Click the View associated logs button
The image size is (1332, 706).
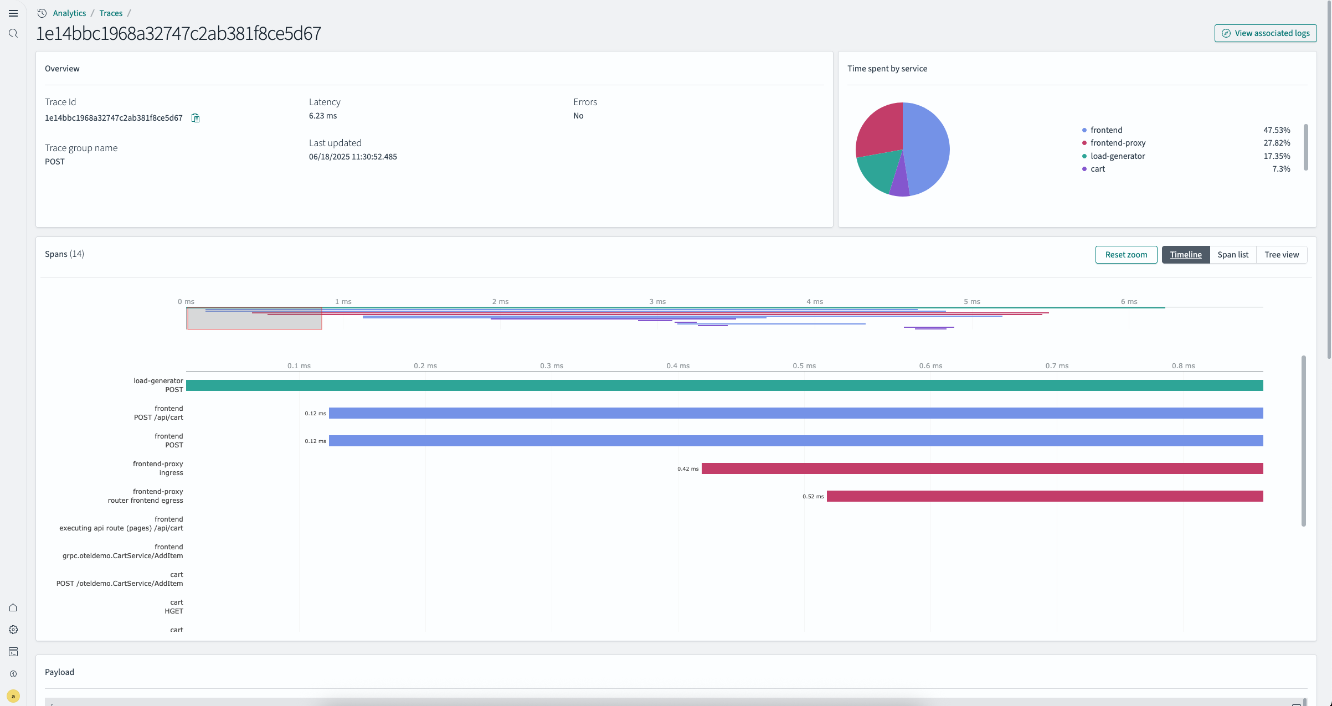point(1265,33)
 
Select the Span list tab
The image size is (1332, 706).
point(1232,255)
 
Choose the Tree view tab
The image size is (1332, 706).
point(1281,255)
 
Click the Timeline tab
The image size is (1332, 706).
point(1185,255)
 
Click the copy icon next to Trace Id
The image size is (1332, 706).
point(196,118)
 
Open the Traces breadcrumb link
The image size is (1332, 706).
point(111,13)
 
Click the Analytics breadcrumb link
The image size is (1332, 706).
point(69,13)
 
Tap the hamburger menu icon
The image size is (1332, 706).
point(13,13)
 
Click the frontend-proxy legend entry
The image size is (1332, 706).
point(1118,143)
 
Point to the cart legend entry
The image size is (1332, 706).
point(1097,169)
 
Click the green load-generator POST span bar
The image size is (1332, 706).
point(724,385)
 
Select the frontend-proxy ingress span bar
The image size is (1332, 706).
point(982,468)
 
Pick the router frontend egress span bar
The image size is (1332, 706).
point(1045,496)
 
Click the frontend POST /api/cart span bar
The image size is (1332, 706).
point(796,413)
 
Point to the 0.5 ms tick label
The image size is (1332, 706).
point(804,366)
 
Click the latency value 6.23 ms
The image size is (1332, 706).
point(323,116)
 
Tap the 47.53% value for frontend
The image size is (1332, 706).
point(1276,130)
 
